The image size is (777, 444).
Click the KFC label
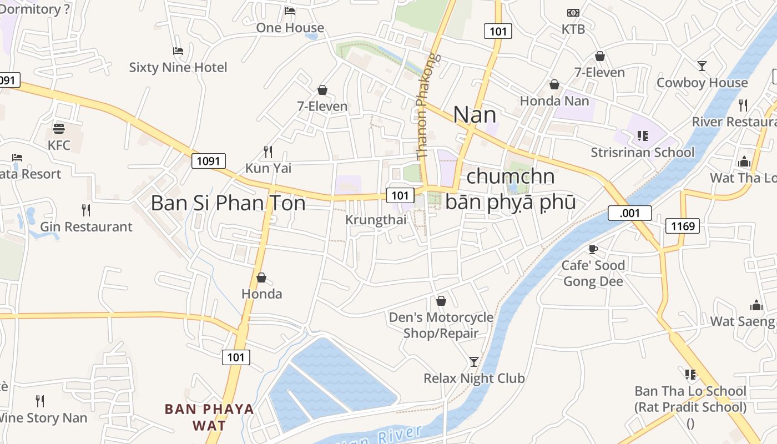[x=59, y=145]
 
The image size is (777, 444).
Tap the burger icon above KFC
[x=59, y=129]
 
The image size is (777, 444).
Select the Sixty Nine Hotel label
[x=178, y=68]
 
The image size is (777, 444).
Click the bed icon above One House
[x=290, y=11]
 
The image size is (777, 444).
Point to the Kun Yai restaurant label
[x=268, y=168]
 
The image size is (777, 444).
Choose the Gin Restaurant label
[x=86, y=227]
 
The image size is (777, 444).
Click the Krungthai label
[x=376, y=220]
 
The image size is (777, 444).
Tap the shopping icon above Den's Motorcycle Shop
[x=441, y=301]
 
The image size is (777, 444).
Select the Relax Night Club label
[x=474, y=379]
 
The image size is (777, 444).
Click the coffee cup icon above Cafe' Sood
[x=593, y=249]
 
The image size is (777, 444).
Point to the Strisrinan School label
[x=642, y=153]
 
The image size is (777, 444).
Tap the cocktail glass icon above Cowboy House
[x=702, y=66]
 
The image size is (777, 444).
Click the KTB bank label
[x=573, y=29]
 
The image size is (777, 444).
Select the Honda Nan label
[x=554, y=101]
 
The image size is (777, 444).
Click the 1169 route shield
[x=683, y=226]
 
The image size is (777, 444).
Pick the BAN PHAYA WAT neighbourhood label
[x=209, y=417]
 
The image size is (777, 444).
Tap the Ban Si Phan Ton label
[x=228, y=203]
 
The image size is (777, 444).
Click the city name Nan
[x=475, y=115]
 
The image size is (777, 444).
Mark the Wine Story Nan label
[x=43, y=418]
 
